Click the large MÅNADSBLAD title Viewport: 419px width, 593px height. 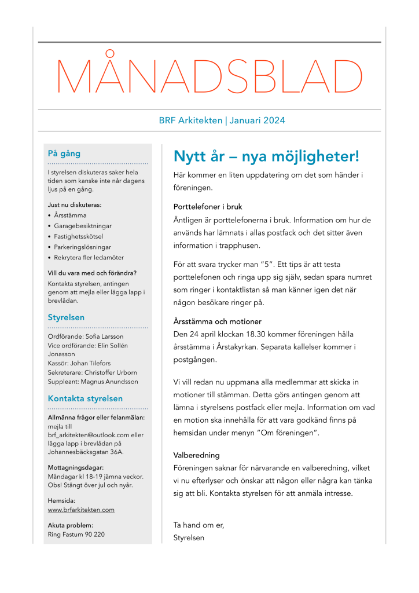click(209, 76)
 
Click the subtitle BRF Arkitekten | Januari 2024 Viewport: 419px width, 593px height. click(222, 121)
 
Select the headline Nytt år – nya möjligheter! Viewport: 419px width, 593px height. click(266, 156)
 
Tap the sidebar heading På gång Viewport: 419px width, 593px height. click(64, 154)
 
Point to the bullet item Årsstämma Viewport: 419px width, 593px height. click(70, 215)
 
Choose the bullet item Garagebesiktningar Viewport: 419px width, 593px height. click(83, 226)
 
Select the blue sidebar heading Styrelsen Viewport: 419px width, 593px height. click(66, 317)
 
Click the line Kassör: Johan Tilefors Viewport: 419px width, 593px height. click(79, 363)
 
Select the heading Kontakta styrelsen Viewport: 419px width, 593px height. click(85, 398)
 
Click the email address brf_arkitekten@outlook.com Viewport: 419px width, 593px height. click(87, 435)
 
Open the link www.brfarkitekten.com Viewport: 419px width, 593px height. click(81, 510)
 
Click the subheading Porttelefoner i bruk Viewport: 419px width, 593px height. click(208, 207)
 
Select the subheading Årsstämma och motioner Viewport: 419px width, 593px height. click(218, 321)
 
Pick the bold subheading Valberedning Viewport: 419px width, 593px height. click(197, 455)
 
